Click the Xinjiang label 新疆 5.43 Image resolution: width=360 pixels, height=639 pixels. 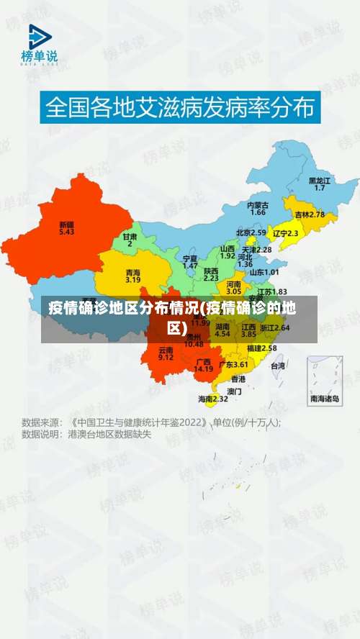click(66, 228)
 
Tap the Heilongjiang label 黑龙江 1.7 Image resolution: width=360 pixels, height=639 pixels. click(320, 184)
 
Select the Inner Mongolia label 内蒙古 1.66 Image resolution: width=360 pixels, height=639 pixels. click(258, 209)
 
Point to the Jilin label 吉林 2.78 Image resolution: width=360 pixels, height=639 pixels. click(310, 214)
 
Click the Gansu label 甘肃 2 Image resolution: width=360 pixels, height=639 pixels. click(130, 240)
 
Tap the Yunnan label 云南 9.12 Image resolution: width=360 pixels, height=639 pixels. click(166, 353)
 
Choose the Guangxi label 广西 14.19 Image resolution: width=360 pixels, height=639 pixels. click(204, 365)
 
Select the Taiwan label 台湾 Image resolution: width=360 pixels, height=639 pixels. click(277, 366)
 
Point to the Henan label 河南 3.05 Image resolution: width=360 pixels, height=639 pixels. click(234, 288)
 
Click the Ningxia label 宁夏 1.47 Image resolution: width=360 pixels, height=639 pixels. click(190, 261)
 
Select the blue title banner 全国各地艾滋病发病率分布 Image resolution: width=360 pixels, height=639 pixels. click(180, 108)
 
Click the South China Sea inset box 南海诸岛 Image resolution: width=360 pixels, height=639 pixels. click(325, 382)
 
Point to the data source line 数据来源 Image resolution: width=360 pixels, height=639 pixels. click(151, 422)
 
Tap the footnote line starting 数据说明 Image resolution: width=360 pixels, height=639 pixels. click(86, 435)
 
